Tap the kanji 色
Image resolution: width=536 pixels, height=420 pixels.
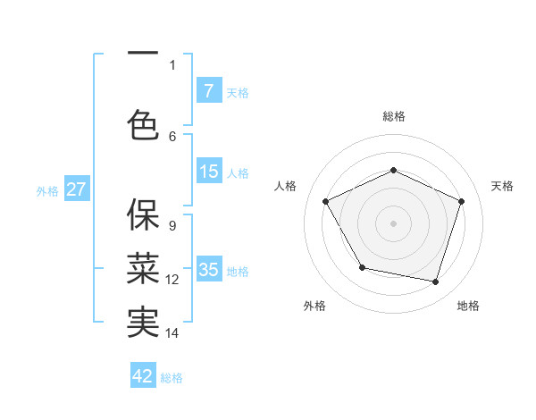tap(143, 124)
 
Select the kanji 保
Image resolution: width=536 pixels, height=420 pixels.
tap(143, 214)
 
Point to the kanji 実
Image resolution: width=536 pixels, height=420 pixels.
tap(143, 322)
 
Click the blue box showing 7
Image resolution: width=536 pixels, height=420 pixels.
tap(208, 90)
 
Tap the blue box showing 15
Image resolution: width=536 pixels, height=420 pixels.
tap(208, 172)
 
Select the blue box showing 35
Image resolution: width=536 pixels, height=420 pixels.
tap(208, 270)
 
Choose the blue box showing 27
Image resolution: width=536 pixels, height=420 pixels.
tap(77, 189)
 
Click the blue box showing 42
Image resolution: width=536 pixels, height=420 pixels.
tap(143, 376)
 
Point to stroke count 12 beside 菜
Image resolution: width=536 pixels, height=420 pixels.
tap(172, 280)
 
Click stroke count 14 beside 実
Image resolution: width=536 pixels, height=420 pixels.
tap(172, 333)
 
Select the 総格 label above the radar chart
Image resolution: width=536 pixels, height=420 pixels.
tap(393, 116)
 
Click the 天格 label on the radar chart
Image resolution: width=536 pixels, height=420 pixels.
tap(502, 186)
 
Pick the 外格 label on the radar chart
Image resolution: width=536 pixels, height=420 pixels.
tap(314, 306)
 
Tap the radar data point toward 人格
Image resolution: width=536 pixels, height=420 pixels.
tap(326, 201)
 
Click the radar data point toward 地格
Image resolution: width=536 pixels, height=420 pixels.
tap(435, 281)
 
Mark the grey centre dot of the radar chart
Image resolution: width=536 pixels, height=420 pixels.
tap(393, 223)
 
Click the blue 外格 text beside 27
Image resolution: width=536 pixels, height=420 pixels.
tap(46, 190)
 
